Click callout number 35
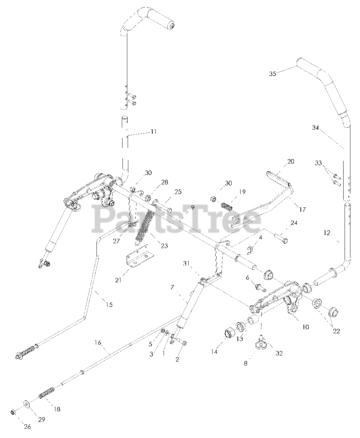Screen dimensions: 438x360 pos(272,74)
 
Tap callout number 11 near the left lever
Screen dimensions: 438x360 pos(154,131)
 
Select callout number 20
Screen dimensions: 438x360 pos(291,162)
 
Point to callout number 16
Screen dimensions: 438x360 pos(98,343)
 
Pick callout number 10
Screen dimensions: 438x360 pos(306,327)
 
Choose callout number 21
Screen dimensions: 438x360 pos(118,280)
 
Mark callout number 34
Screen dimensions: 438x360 pos(315,128)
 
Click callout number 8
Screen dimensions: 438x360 pos(246,363)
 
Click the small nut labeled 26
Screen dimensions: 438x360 pos(12,412)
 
